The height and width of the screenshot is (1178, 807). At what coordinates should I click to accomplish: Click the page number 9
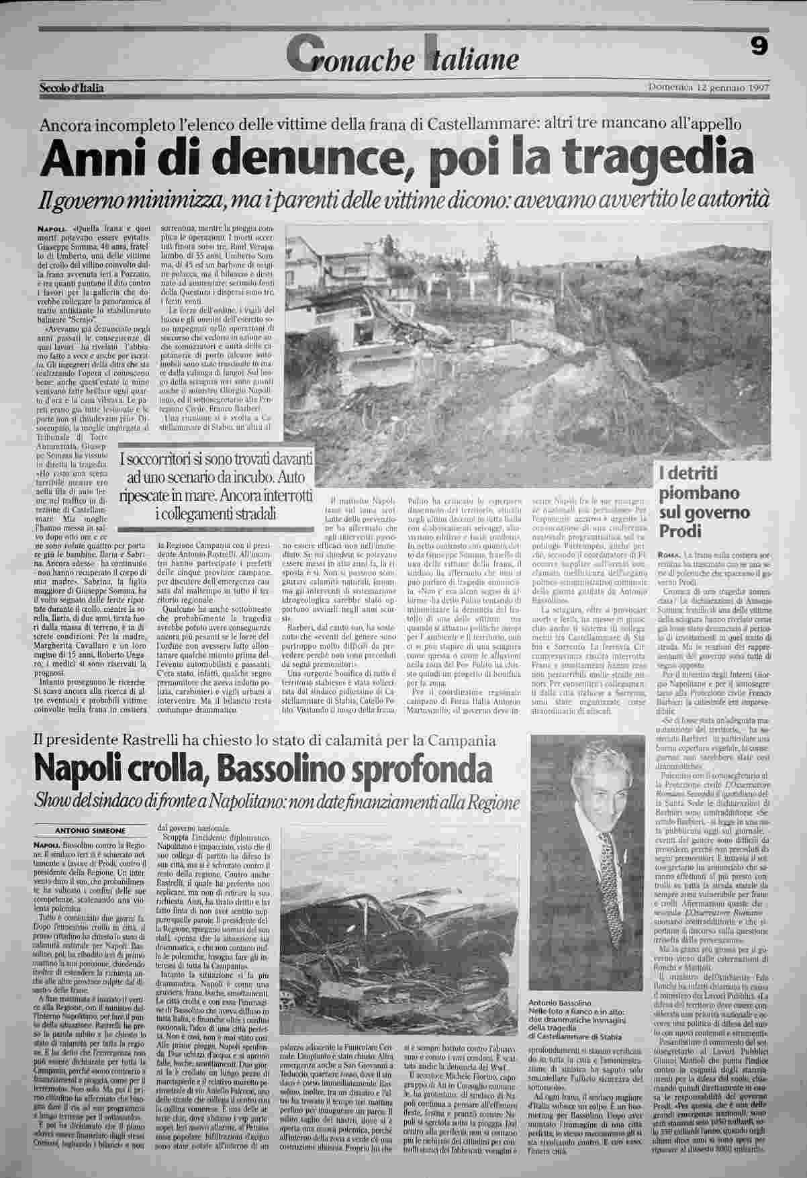(759, 46)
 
